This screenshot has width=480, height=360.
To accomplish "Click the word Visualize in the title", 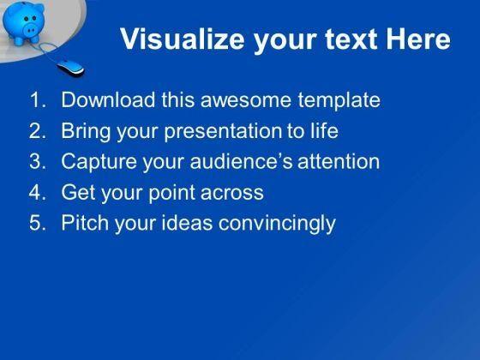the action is pyautogui.click(x=182, y=39).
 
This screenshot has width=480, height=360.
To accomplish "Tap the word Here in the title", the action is pyautogui.click(x=418, y=39).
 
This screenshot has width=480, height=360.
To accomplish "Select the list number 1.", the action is pyautogui.click(x=38, y=99).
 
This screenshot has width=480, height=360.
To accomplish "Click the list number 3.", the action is pyautogui.click(x=38, y=161).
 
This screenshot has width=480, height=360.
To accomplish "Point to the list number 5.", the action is pyautogui.click(x=38, y=223).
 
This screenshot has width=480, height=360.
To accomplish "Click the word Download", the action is pyautogui.click(x=108, y=99).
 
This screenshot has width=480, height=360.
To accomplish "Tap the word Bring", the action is pyautogui.click(x=86, y=130).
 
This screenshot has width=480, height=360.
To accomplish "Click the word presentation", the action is pyautogui.click(x=223, y=131).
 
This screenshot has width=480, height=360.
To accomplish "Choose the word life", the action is pyautogui.click(x=325, y=130).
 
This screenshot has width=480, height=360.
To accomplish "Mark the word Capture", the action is pyautogui.click(x=99, y=161).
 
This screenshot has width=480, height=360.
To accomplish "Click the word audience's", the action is pyautogui.click(x=241, y=161).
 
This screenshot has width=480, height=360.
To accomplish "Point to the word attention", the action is pyautogui.click(x=339, y=161).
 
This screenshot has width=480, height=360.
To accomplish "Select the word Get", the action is pyautogui.click(x=78, y=192).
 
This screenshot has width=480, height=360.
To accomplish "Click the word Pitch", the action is pyautogui.click(x=85, y=223).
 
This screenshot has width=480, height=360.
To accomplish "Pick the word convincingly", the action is pyautogui.click(x=277, y=223).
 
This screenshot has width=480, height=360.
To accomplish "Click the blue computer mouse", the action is pyautogui.click(x=70, y=68).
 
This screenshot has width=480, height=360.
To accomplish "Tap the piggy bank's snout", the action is pyautogui.click(x=32, y=30).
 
